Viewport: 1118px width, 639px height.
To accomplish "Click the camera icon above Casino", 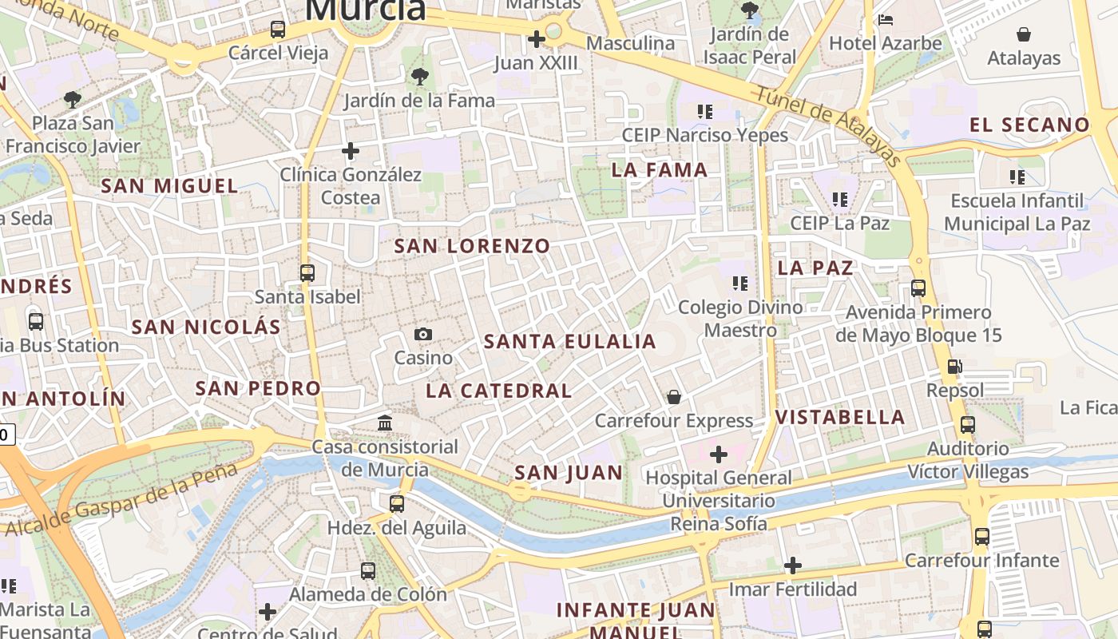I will coord(423,334).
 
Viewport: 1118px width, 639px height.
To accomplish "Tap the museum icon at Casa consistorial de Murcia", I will coord(385,423).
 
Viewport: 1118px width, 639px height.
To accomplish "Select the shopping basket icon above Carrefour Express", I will coord(674,396).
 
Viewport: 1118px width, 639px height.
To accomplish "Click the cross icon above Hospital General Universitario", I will coord(719,454).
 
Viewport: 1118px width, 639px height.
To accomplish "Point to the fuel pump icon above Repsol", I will coord(954,367).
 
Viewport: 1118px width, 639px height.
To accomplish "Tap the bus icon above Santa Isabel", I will coord(307,272).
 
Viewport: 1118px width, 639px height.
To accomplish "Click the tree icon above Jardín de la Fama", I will coord(419,77).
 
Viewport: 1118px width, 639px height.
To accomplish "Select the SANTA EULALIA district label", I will coord(569,342).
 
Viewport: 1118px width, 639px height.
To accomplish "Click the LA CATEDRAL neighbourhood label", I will coord(498,391).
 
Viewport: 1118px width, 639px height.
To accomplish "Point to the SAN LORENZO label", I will coord(472,246).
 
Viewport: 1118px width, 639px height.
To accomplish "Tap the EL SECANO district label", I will coord(1029,125).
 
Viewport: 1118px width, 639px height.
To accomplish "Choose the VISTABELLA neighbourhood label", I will coord(840,417).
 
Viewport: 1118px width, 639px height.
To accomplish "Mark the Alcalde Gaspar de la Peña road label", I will coord(122,499).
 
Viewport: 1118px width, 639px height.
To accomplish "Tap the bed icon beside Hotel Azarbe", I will coord(886,20).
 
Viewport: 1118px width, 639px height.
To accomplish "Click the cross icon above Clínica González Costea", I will coord(350,150).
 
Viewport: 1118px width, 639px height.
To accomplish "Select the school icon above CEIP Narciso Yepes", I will coord(704,111).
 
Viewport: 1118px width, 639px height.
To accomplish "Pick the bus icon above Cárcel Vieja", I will coord(278,30).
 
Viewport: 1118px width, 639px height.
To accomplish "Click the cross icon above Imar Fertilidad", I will coord(792,566).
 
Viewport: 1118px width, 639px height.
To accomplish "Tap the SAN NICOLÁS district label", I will coord(206,327).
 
